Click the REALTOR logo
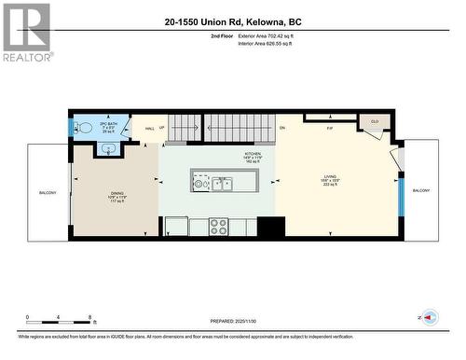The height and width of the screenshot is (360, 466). [25, 32]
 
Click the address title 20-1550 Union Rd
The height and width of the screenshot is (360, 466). [232, 21]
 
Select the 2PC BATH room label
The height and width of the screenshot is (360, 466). [108, 127]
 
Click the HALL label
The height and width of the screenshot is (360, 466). [149, 130]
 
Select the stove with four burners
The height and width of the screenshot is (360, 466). [218, 225]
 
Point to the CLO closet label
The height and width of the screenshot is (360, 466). [375, 121]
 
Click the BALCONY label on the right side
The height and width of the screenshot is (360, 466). [421, 190]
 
